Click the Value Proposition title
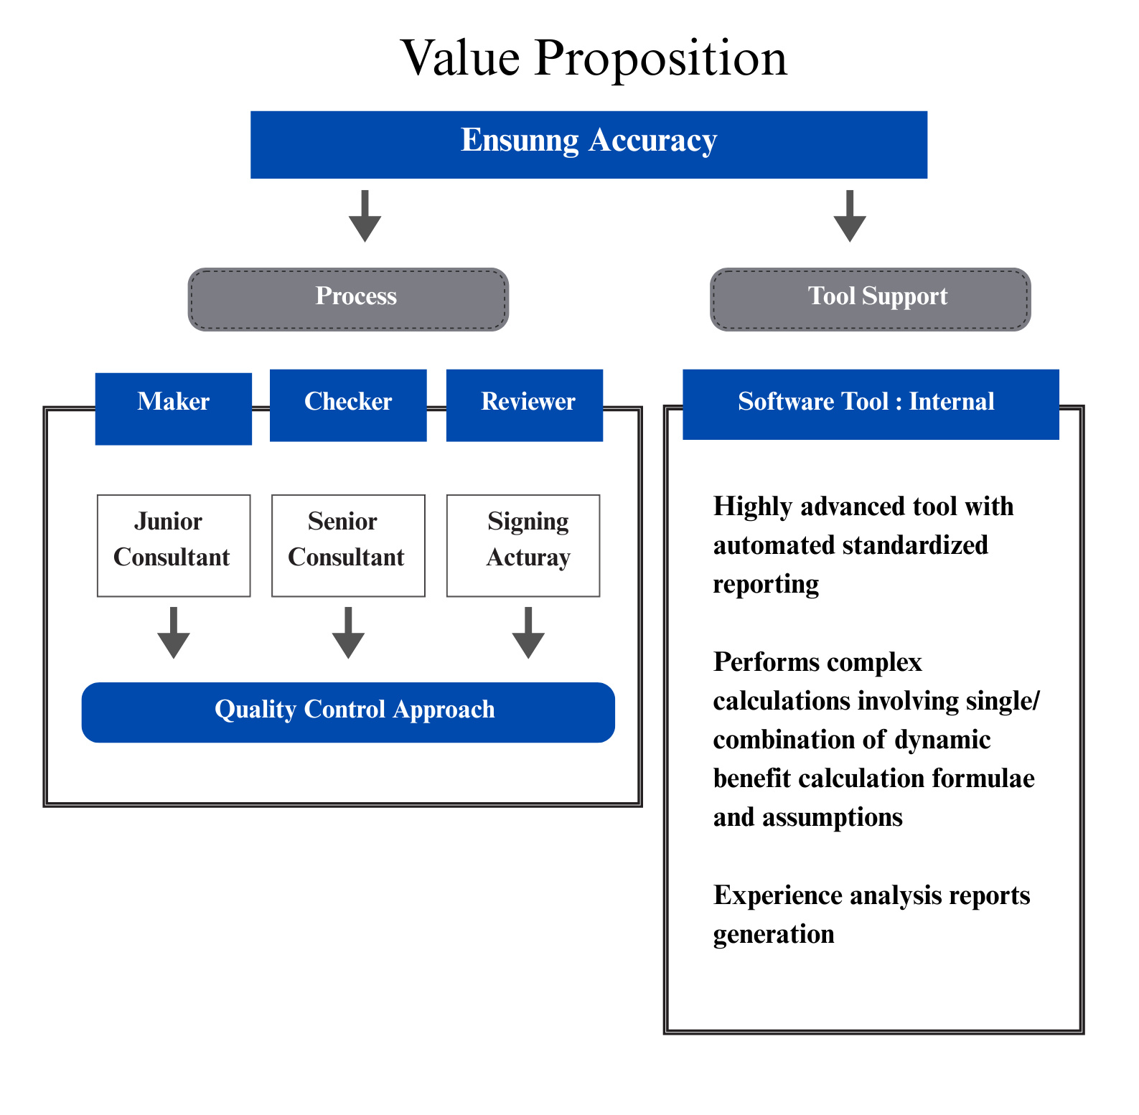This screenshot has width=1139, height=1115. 594,57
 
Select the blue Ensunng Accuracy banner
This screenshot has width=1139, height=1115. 589,144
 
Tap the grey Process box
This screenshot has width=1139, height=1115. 348,299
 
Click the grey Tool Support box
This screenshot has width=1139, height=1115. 870,299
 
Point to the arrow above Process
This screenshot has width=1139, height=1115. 365,216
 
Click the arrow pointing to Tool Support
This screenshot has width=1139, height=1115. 850,216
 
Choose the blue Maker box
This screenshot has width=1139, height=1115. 174,408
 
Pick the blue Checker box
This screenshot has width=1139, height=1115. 348,405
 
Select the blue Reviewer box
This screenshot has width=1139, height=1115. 525,405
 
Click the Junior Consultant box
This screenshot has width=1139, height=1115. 174,545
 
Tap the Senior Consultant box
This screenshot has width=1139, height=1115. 348,545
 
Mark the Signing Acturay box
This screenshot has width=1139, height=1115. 523,545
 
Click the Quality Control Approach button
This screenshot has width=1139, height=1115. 348,712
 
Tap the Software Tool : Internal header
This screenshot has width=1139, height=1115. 871,404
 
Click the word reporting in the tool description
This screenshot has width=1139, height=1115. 766,585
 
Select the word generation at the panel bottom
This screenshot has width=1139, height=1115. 774,935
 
